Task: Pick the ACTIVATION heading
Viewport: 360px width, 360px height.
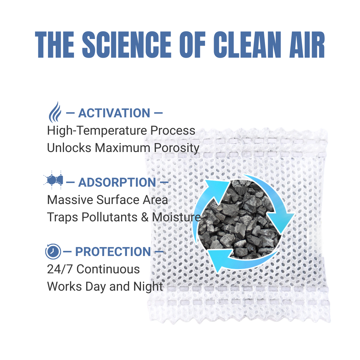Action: pos(114,113)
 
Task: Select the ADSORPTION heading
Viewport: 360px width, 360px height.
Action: pos(117,182)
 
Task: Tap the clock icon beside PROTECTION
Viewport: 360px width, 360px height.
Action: pos(53,252)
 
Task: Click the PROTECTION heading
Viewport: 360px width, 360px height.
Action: pos(113,252)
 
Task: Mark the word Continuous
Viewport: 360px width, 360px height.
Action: pos(108,269)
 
